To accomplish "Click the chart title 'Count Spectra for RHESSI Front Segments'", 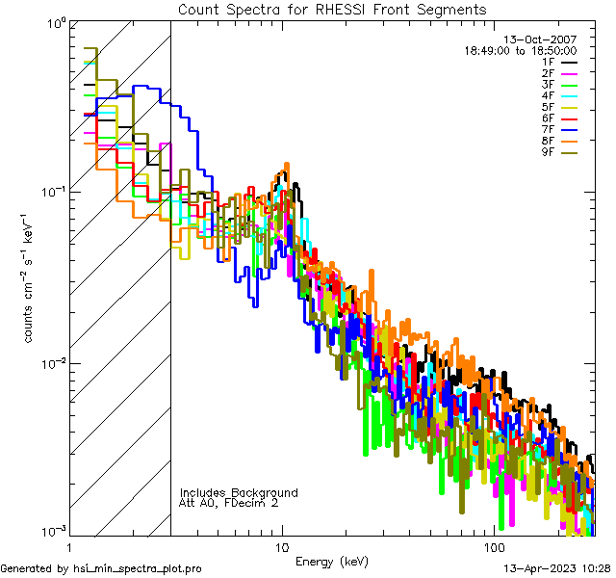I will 332,9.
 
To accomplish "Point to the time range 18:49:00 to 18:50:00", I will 521,50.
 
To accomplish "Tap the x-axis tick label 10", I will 281,547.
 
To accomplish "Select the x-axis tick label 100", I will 493,547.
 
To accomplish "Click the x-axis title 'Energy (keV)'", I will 332,561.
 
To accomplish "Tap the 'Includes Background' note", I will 239,492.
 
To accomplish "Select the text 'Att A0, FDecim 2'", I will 229,503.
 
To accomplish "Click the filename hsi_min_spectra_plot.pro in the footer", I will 138,568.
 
